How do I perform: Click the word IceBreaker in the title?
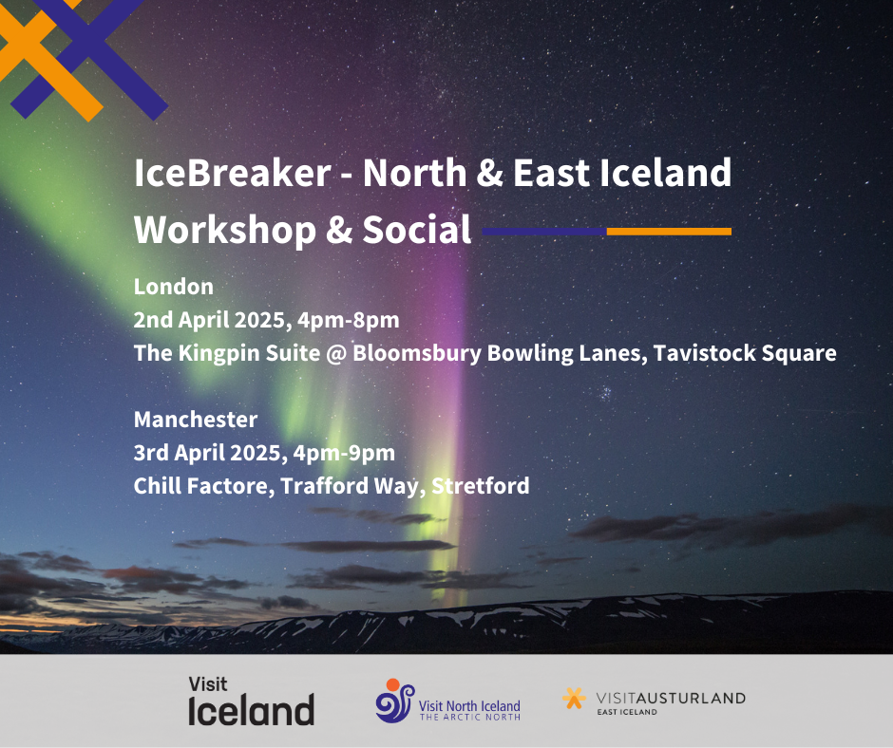233,173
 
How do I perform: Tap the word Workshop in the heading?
224,230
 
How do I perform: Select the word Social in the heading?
417,230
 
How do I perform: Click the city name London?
174,287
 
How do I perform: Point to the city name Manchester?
196,420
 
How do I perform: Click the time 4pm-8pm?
348,320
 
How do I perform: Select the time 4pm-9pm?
344,453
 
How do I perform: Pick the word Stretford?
480,486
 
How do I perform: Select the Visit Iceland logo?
251,701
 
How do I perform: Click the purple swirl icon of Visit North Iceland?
394,701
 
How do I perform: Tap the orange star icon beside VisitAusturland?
574,698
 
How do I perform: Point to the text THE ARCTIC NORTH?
470,718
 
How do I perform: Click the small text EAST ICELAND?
626,712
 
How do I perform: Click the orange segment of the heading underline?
669,231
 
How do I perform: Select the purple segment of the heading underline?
544,231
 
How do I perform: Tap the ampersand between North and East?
489,173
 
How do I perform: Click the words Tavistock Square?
745,353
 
